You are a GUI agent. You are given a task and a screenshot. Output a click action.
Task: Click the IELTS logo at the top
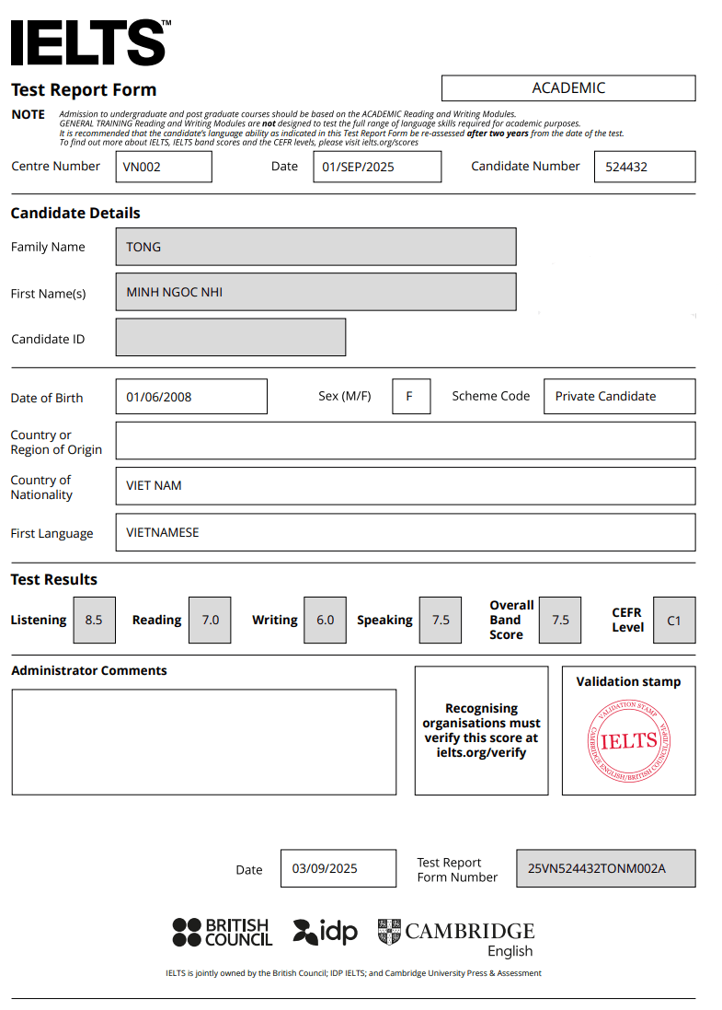89,42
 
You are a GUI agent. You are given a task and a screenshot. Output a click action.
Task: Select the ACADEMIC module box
568,88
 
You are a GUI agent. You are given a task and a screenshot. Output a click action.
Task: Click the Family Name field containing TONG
315,247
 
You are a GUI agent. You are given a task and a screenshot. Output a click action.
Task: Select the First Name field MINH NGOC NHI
315,292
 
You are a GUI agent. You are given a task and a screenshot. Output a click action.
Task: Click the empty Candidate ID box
231,337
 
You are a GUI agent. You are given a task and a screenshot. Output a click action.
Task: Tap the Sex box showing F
411,397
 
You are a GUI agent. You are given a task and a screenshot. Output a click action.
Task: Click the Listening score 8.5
94,620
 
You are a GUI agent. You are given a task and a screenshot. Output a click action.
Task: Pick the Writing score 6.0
325,620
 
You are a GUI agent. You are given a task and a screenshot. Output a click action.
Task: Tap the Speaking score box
441,620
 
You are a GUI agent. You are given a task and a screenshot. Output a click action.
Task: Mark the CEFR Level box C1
674,620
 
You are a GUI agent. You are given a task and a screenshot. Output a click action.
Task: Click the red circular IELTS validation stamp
628,740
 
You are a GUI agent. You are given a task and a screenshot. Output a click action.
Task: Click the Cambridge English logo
456,937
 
